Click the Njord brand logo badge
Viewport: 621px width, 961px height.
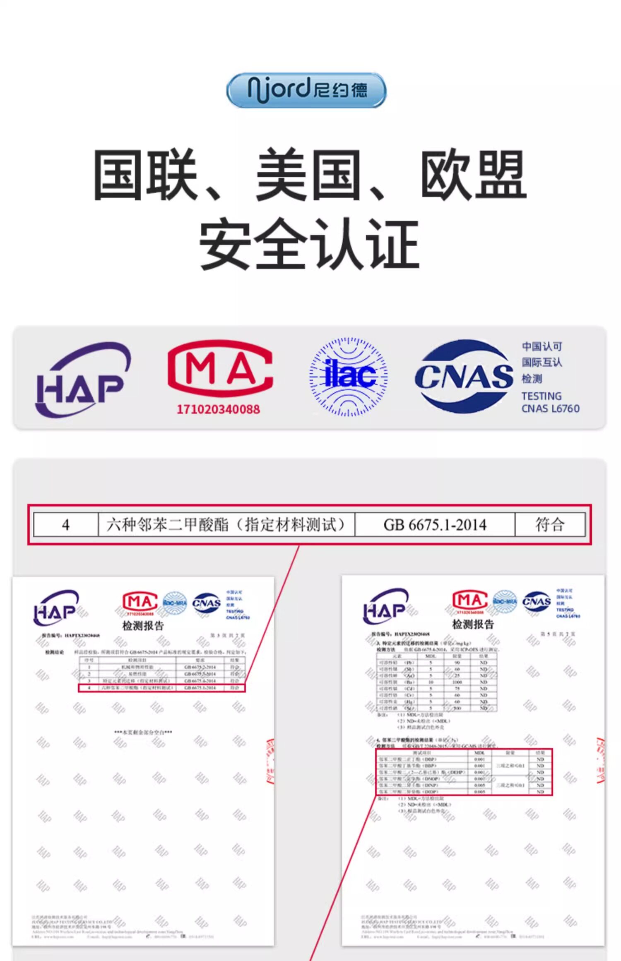[306, 90]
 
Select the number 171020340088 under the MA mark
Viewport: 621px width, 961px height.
[218, 409]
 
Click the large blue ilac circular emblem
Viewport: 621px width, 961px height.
[349, 377]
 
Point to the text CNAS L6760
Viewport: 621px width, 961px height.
[550, 408]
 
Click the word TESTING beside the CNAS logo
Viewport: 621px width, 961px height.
[542, 396]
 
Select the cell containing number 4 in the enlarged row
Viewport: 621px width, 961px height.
[65, 525]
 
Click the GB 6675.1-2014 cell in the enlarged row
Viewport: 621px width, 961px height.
[435, 525]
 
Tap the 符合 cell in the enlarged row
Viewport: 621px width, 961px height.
[550, 525]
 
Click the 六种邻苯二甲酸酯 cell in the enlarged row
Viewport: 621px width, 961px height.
[226, 525]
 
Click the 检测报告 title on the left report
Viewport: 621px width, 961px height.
[143, 625]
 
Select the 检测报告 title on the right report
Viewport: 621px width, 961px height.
[473, 624]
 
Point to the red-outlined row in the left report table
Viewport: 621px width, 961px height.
[161, 688]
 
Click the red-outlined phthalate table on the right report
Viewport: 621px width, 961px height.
[464, 772]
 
